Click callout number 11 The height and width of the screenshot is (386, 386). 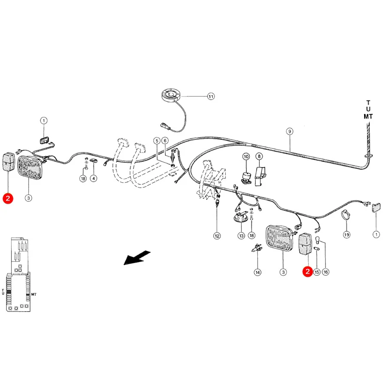click(x=211, y=96)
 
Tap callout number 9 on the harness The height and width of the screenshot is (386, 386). click(x=289, y=131)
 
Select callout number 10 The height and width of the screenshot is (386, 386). click(x=246, y=156)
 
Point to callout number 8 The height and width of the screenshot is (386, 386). click(x=259, y=156)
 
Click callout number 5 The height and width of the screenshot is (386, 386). click(x=157, y=141)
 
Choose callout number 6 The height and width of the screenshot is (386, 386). click(x=165, y=141)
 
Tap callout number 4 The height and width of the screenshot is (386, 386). click(x=93, y=178)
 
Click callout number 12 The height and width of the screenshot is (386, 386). click(x=217, y=236)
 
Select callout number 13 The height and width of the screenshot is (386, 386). click(x=241, y=236)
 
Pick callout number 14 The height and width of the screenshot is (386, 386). click(x=257, y=272)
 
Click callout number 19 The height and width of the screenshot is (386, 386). click(x=347, y=235)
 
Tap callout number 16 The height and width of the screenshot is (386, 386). click(x=326, y=272)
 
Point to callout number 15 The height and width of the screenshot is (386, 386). click(x=317, y=272)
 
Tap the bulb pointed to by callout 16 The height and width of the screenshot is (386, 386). click(x=317, y=239)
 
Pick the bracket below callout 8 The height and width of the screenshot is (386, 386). click(x=260, y=176)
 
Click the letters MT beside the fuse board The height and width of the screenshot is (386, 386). click(x=34, y=294)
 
